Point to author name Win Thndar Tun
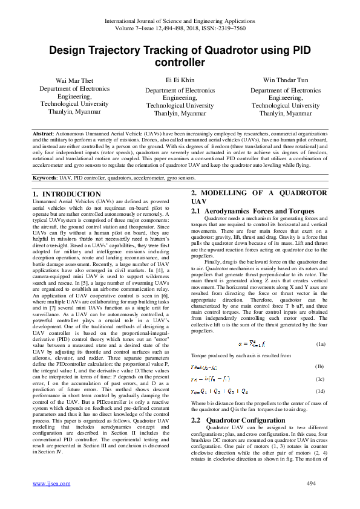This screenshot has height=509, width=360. tap(286, 80)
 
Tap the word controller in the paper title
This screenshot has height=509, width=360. tap(180, 62)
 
